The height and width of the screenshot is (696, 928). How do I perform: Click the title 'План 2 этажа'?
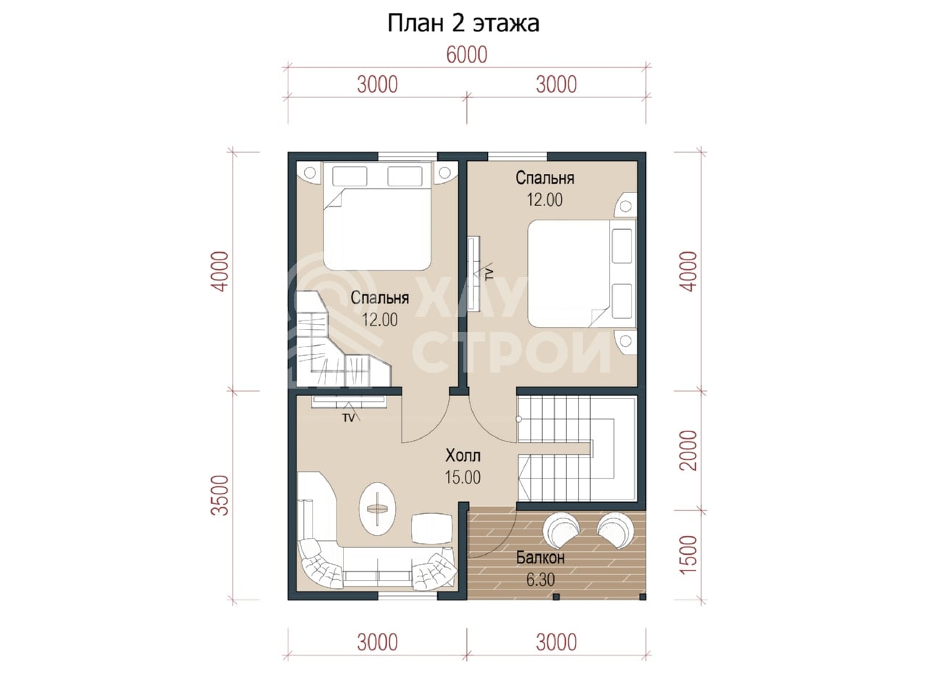tap(463, 24)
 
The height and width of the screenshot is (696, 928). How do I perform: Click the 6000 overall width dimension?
tap(467, 55)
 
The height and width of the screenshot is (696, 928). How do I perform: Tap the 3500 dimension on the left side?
tap(220, 495)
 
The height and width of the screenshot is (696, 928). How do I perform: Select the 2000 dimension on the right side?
tap(689, 450)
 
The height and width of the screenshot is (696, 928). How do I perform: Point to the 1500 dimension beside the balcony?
tap(689, 555)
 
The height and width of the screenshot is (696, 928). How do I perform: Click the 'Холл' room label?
tap(463, 456)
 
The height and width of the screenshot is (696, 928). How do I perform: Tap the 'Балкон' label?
tap(540, 558)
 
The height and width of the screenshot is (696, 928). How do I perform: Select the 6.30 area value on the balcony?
tap(540, 579)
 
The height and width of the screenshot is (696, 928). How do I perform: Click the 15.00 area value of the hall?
tap(463, 478)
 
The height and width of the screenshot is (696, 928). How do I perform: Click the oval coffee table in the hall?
tap(378, 509)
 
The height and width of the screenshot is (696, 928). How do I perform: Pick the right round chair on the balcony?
tap(616, 530)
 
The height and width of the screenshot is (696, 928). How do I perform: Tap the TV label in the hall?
tap(349, 418)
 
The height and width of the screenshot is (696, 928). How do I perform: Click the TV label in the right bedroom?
tap(489, 273)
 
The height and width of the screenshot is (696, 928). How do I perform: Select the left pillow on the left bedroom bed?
tap(349, 176)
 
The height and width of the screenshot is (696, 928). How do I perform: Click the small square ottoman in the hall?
tap(431, 528)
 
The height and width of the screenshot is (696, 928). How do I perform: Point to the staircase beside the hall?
tap(577, 448)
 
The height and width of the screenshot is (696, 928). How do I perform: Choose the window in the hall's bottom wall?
tap(407, 596)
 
